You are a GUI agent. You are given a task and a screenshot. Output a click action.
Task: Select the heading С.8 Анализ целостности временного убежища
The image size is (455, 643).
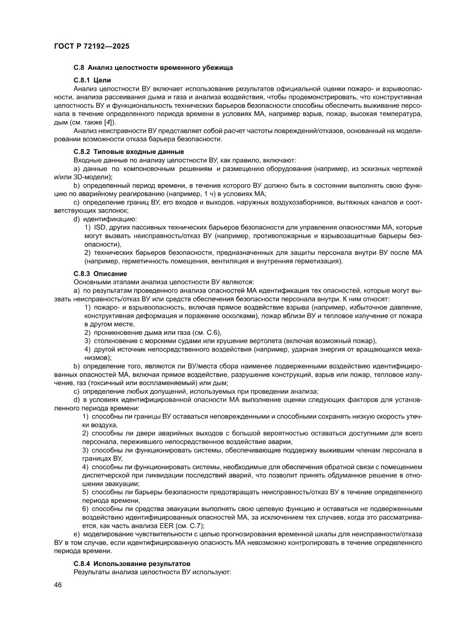tap(153, 68)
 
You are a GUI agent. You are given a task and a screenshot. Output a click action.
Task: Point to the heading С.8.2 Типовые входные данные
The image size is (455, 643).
tap(129, 151)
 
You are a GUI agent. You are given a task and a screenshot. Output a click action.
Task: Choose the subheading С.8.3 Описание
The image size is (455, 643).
tap(100, 273)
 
